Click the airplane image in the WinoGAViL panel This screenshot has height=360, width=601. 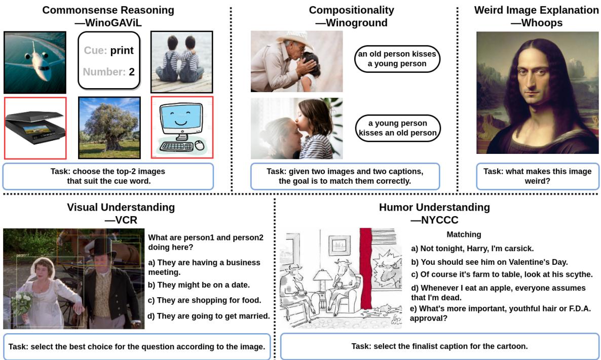(x=35, y=62)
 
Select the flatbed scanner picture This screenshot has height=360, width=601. (x=35, y=128)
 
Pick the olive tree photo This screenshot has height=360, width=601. (x=109, y=128)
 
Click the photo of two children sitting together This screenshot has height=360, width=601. (x=182, y=62)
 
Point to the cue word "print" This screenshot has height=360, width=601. (x=122, y=51)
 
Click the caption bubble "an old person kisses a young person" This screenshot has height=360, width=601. (x=397, y=59)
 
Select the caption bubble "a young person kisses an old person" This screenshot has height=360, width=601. (x=397, y=128)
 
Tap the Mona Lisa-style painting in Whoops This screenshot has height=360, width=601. (x=537, y=93)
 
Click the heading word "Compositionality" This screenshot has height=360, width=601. (x=351, y=10)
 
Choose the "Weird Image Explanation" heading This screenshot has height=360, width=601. (x=536, y=10)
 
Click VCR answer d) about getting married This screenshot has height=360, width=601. (x=208, y=316)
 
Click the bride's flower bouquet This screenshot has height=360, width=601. (x=23, y=303)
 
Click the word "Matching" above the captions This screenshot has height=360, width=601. (x=464, y=234)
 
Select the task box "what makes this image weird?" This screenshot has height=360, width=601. (x=537, y=176)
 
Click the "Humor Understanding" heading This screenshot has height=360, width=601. (x=434, y=207)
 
